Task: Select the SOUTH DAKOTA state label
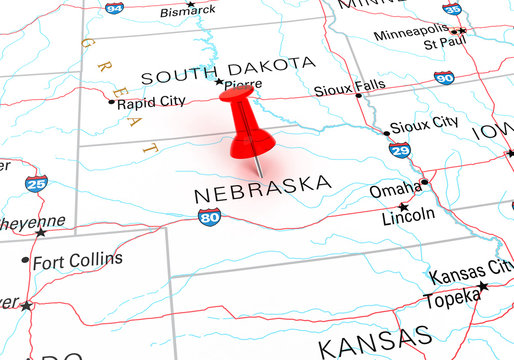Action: point(227,66)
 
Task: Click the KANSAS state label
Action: point(375,342)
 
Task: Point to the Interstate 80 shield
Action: point(209,217)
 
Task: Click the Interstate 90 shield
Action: point(445,77)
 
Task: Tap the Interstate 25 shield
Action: point(36,183)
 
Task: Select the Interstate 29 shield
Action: point(398,150)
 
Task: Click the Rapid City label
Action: point(151,102)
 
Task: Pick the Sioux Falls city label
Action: point(349,87)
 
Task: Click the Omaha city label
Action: point(395,188)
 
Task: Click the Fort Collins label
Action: point(78,260)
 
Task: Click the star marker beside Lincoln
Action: point(404,206)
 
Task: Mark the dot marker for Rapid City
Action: point(111,101)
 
